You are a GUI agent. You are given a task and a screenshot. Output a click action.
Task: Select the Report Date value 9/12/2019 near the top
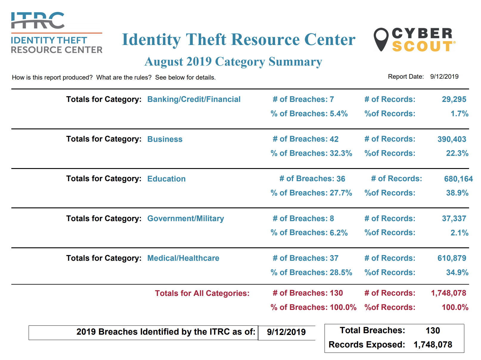tap(444, 77)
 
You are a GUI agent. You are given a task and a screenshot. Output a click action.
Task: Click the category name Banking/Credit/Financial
tap(194, 99)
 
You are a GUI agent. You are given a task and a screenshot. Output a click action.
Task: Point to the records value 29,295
tap(454, 99)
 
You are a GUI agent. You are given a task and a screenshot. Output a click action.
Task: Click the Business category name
tap(165, 139)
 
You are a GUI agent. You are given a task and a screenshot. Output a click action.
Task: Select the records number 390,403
tap(451, 139)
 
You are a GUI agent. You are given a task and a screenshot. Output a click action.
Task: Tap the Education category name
tap(166, 179)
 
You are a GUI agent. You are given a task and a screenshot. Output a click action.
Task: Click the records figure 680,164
tap(458, 179)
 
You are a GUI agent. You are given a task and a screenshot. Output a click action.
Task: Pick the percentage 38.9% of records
tap(457, 193)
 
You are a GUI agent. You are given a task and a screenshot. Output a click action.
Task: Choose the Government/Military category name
tap(185, 218)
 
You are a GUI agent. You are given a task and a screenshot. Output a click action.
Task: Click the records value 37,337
tap(454, 218)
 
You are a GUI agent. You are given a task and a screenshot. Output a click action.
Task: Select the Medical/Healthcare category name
tap(183, 258)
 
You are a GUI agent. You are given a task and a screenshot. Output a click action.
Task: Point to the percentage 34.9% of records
tap(457, 272)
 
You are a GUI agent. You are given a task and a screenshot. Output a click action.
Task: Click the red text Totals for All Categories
tap(202, 293)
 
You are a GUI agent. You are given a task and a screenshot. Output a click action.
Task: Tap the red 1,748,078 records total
tap(448, 293)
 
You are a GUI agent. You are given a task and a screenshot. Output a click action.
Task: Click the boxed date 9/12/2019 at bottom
tap(286, 332)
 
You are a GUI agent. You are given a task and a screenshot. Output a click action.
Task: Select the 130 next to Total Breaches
tap(433, 330)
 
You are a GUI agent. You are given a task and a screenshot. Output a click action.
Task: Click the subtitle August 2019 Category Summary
tap(233, 62)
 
